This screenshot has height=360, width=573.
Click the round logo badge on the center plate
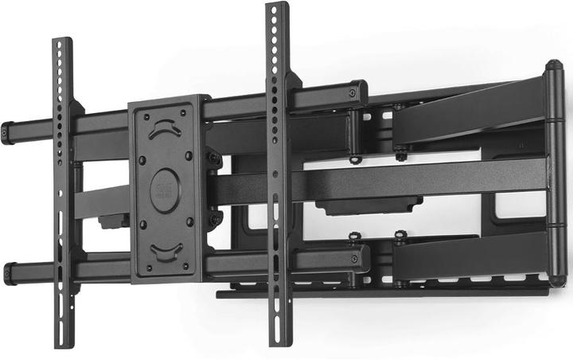pyautogui.click(x=165, y=190)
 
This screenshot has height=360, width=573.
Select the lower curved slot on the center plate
pyautogui.click(x=166, y=252)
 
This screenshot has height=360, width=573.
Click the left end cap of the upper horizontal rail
pyautogui.click(x=7, y=133)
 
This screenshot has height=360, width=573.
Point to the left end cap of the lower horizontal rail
pyautogui.click(x=9, y=274)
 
